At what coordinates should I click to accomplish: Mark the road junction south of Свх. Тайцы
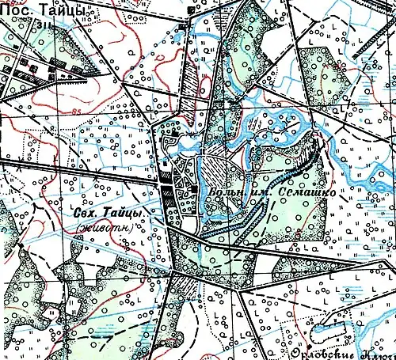point(172,272)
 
